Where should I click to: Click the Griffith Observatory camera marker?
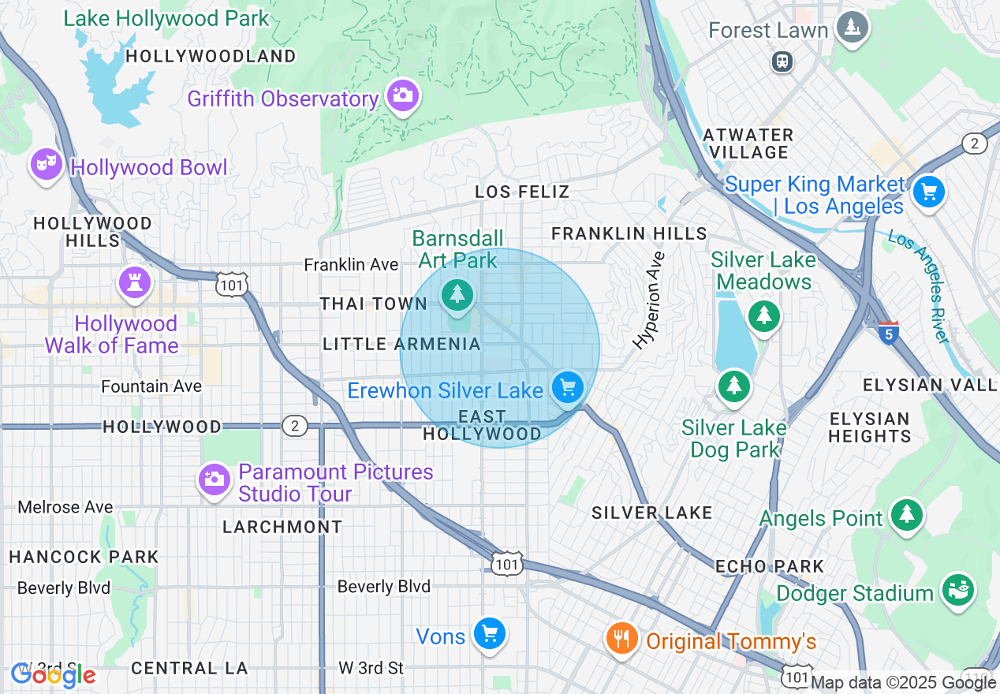click(x=403, y=96)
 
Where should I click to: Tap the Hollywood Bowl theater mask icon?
click(x=47, y=164)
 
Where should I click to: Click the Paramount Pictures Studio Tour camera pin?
click(x=214, y=479)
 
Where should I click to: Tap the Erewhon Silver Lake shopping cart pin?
click(x=567, y=387)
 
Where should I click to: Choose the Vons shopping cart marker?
click(x=489, y=632)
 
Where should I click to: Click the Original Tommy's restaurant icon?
click(x=622, y=637)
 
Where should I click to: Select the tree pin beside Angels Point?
click(x=907, y=514)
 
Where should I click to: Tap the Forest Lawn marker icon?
click(x=852, y=28)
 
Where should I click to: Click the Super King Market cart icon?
click(x=928, y=192)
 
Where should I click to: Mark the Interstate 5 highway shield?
click(x=889, y=332)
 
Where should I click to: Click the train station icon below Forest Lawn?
click(x=782, y=61)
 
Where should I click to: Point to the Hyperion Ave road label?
click(x=650, y=300)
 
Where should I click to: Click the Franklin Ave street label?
click(x=351, y=265)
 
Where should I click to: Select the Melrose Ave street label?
click(x=65, y=507)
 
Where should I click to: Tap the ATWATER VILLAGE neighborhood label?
click(x=748, y=144)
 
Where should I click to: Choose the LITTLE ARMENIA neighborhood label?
click(x=401, y=344)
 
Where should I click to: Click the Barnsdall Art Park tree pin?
click(x=457, y=295)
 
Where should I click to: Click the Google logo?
click(x=53, y=675)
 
